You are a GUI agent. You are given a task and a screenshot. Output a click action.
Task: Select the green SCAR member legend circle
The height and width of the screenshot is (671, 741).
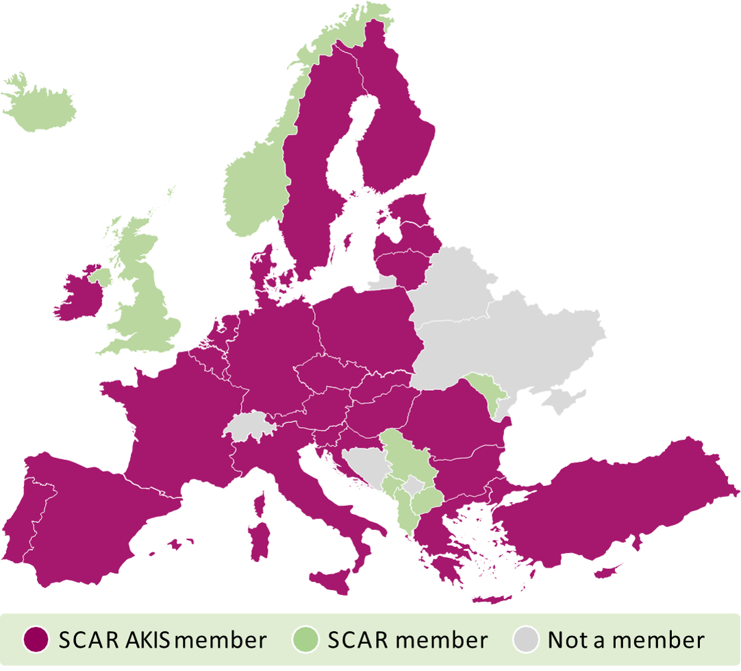tap(305, 640)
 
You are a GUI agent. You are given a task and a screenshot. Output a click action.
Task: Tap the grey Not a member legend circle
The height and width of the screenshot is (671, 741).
tap(526, 640)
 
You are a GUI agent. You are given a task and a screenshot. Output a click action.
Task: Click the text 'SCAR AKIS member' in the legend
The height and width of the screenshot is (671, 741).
tap(162, 640)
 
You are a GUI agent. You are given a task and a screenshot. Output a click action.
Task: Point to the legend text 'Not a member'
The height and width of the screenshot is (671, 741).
tap(626, 640)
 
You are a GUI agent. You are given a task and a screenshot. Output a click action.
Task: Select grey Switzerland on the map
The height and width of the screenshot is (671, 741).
tap(251, 426)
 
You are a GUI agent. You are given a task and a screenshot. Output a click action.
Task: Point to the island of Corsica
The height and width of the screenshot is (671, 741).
tap(260, 504)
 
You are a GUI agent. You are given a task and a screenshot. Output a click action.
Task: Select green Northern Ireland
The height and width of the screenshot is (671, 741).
tap(102, 277)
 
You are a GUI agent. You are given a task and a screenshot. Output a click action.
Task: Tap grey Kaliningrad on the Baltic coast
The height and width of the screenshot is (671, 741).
tap(384, 282)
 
